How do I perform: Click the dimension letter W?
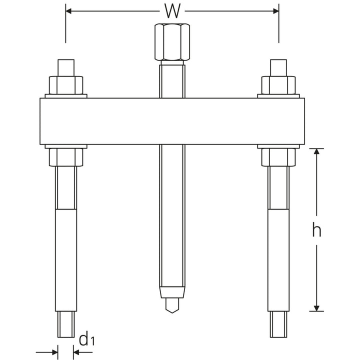tap(172, 9)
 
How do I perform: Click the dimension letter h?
tap(316, 230)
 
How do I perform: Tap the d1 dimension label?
tap(86, 340)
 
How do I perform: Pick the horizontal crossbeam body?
tap(171, 121)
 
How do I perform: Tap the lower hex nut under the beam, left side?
tap(65, 158)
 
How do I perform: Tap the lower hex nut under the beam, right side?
tap(278, 158)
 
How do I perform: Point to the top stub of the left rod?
tap(65, 67)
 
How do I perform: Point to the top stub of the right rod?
tap(278, 67)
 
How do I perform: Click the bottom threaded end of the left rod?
tap(65, 325)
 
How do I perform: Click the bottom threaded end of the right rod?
tap(278, 325)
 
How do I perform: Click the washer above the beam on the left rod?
tap(65, 95)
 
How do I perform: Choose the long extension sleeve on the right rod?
tap(278, 260)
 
